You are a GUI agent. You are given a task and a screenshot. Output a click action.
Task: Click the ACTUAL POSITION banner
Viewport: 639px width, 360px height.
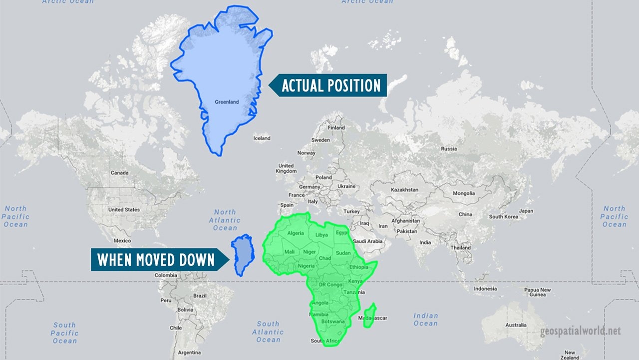330,85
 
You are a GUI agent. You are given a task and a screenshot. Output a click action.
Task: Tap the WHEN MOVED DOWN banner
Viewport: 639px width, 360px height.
156,260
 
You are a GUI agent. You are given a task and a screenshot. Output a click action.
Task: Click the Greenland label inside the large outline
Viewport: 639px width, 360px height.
227,102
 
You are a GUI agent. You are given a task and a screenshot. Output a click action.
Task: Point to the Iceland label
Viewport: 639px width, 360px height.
262,138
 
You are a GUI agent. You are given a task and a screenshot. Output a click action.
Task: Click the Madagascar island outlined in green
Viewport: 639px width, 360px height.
370,315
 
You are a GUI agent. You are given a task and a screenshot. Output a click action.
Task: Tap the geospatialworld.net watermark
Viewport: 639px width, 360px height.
580,331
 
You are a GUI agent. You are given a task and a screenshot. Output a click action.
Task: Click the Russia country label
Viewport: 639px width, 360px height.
449,148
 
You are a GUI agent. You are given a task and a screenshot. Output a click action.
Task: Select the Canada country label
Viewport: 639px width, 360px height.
119,173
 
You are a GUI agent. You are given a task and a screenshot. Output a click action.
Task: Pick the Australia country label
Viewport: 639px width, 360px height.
516,325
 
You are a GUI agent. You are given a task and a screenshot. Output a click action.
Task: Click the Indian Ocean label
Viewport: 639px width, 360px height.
425,319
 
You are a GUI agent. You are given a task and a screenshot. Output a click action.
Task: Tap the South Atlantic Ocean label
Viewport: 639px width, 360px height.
268,332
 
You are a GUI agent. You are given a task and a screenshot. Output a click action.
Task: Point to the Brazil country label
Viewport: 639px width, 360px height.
200,295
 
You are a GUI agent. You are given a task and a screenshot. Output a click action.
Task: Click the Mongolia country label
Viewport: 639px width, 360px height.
464,193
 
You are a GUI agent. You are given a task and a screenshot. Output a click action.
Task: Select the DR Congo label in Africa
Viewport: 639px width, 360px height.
330,284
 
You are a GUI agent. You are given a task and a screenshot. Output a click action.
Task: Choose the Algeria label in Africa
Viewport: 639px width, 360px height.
295,233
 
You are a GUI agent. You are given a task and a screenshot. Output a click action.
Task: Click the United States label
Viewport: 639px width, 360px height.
124,209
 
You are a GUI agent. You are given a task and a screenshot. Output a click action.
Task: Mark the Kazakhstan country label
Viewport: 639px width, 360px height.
404,190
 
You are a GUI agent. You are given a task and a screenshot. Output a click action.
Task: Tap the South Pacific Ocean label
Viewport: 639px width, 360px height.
65,333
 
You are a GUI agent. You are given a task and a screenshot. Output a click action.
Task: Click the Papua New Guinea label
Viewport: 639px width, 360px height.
537,292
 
